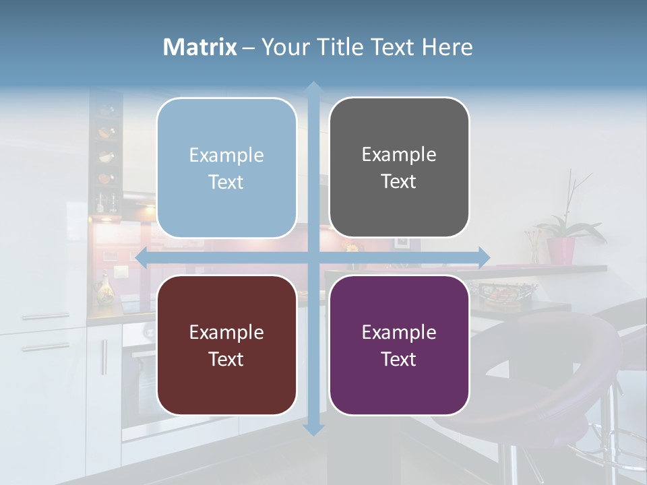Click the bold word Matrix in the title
tap(199, 47)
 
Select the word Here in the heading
tap(447, 47)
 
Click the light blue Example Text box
tap(226, 168)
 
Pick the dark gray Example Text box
tap(399, 168)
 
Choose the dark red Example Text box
tap(226, 345)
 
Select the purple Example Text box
tap(399, 345)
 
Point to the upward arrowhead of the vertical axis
tap(313, 87)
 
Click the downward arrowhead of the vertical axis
tap(313, 429)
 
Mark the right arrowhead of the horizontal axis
tap(483, 257)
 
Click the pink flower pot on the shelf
tap(561, 251)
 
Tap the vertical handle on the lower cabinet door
tap(104, 357)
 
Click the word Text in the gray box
tap(399, 182)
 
